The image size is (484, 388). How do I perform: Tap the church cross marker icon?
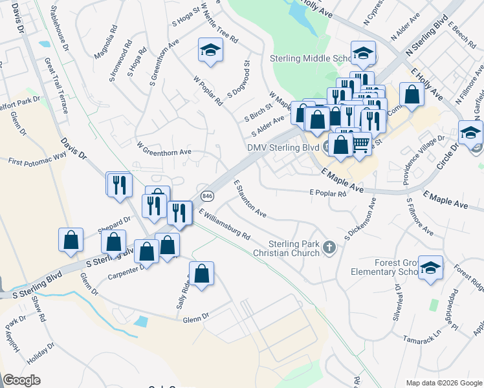point(329,248)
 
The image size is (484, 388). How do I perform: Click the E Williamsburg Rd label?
point(225,224)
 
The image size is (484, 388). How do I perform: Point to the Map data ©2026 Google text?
point(443,382)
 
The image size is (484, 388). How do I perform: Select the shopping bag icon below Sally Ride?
point(202,273)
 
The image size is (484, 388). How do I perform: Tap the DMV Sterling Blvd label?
point(283,147)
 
